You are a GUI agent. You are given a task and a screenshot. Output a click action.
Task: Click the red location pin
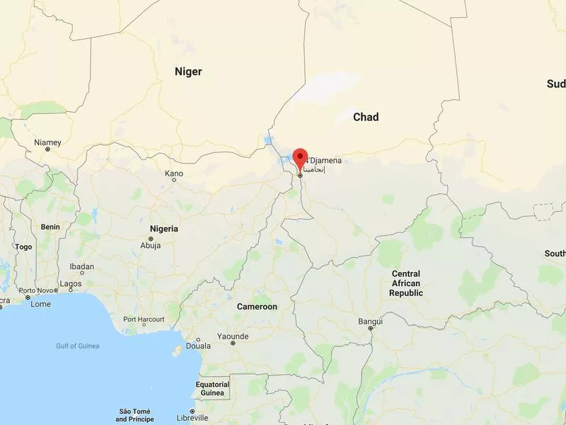click(300, 158)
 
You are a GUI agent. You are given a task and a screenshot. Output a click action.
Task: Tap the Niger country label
click(188, 72)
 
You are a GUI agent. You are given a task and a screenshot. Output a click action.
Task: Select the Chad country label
click(366, 117)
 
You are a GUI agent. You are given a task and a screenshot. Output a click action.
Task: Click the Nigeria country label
click(163, 229)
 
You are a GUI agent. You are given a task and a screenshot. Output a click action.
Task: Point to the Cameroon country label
click(257, 307)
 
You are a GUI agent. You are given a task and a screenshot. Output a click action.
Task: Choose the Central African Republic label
click(406, 283)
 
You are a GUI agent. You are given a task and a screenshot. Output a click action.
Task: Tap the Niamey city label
click(47, 142)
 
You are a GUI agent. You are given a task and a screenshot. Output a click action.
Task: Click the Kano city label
click(173, 174)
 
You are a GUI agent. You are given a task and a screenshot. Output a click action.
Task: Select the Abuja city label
click(151, 245)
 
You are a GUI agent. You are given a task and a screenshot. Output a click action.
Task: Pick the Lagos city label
click(71, 283)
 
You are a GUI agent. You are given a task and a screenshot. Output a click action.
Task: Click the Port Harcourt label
click(144, 319)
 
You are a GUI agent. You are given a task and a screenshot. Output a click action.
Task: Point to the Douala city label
click(198, 346)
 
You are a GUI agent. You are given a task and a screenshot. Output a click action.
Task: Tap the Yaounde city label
click(233, 336)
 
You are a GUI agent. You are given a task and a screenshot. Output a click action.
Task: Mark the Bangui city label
click(370, 322)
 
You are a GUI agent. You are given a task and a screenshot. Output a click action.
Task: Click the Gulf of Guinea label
click(78, 346)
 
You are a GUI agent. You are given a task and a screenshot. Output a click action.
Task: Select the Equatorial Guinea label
click(212, 389)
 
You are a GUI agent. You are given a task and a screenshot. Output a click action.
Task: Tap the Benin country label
click(50, 227)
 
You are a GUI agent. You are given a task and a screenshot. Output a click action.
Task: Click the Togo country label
click(23, 247)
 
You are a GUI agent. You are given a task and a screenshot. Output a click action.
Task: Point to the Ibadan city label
click(81, 267)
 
